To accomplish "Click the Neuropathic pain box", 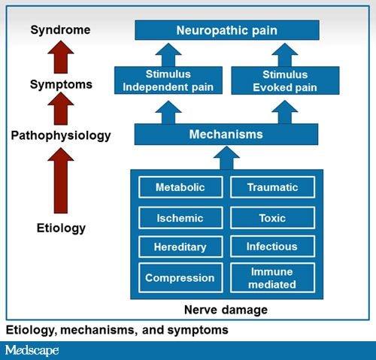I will tap(226, 31).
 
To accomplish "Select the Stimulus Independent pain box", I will tap(169, 80).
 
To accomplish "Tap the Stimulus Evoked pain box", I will tap(284, 80).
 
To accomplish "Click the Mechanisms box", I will tap(226, 135).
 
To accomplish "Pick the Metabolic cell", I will tap(180, 187).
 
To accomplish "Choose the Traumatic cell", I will tap(272, 187).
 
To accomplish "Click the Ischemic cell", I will tap(180, 217).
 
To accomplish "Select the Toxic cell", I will tap(272, 217).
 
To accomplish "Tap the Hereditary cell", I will tap(180, 247).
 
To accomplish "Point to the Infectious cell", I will tap(272, 247).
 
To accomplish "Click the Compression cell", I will tap(180, 277).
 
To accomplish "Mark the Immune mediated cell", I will tap(272, 277).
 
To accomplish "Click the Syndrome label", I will tap(60, 30).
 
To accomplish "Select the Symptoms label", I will tap(60, 83).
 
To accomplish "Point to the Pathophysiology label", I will tap(60, 136).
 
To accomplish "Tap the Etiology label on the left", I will tap(60, 228).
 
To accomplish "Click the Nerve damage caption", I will tap(226, 309).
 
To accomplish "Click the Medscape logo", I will tap(32, 350).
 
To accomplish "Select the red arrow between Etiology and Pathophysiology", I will tap(60, 180).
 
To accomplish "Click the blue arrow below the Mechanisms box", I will tap(226, 157).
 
